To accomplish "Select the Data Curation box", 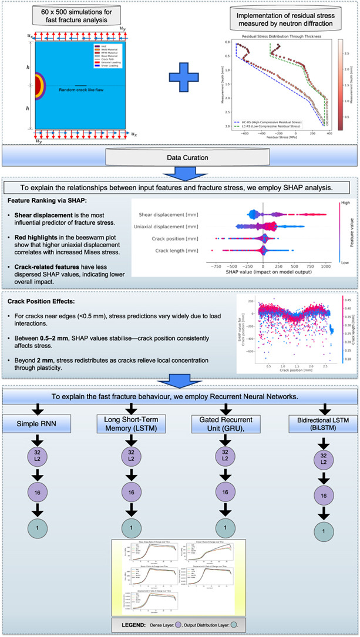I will pos(180,157).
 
